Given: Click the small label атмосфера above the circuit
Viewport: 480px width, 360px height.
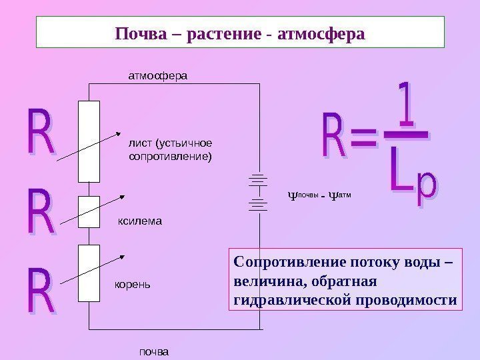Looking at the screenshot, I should click(158, 76).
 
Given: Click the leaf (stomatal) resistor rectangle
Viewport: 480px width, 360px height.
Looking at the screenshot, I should click(89, 141).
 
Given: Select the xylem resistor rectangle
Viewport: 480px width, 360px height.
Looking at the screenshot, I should click(89, 211).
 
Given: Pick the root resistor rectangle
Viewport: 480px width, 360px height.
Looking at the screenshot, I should click(89, 273).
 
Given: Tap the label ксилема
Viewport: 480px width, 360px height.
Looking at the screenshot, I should click(140, 219).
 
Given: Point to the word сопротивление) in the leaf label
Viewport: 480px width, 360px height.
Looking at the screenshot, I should click(169, 157).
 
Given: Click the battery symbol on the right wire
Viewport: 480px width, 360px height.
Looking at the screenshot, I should click(259, 193).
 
